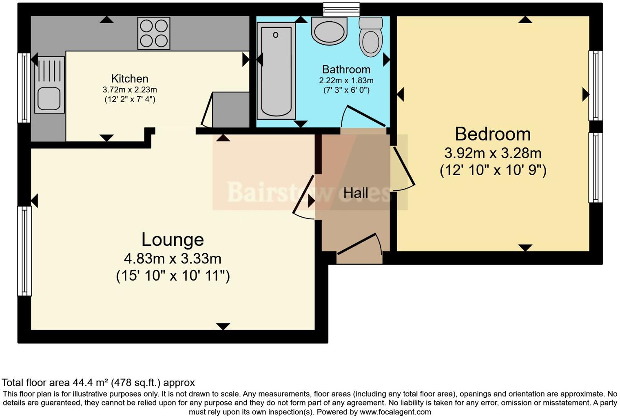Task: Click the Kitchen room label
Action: pyautogui.click(x=130, y=78)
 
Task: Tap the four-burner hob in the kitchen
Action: pyautogui.click(x=153, y=33)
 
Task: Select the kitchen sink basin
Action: pyautogui.click(x=49, y=99)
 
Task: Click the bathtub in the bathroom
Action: pyautogui.click(x=276, y=71)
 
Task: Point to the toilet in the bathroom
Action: pyautogui.click(x=370, y=37)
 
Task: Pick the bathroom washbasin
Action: pyautogui.click(x=329, y=30)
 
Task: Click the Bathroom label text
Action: pyautogui.click(x=346, y=69)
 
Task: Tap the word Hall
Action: pyautogui.click(x=356, y=193)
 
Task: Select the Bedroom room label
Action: pyautogui.click(x=493, y=134)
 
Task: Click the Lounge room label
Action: pyautogui.click(x=173, y=239)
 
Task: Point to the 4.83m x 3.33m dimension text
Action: pyautogui.click(x=173, y=259)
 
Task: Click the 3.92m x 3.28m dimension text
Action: pyautogui.click(x=493, y=153)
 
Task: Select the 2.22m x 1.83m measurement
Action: pyautogui.click(x=346, y=80)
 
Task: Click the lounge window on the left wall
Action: pyautogui.click(x=24, y=251)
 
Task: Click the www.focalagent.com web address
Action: pyautogui.click(x=395, y=412)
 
